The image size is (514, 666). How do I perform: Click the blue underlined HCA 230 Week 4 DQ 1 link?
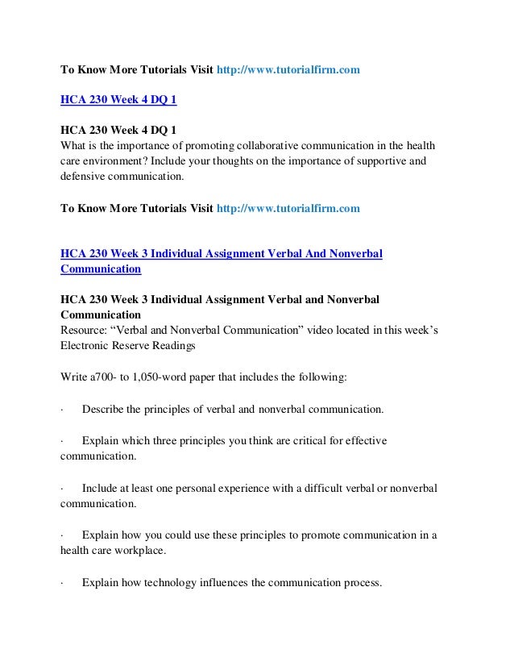coord(119,101)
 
